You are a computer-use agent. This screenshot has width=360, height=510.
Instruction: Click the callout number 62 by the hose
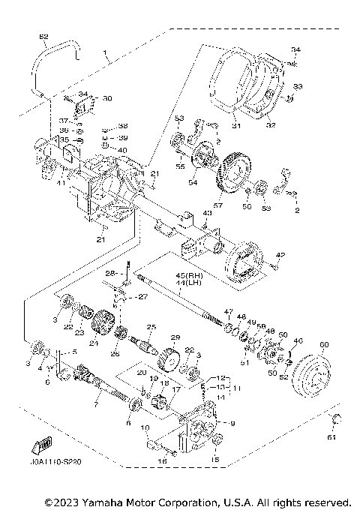[43, 37]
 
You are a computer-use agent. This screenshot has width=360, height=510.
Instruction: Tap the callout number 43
[208, 214]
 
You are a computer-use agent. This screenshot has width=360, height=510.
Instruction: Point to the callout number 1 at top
[107, 54]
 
